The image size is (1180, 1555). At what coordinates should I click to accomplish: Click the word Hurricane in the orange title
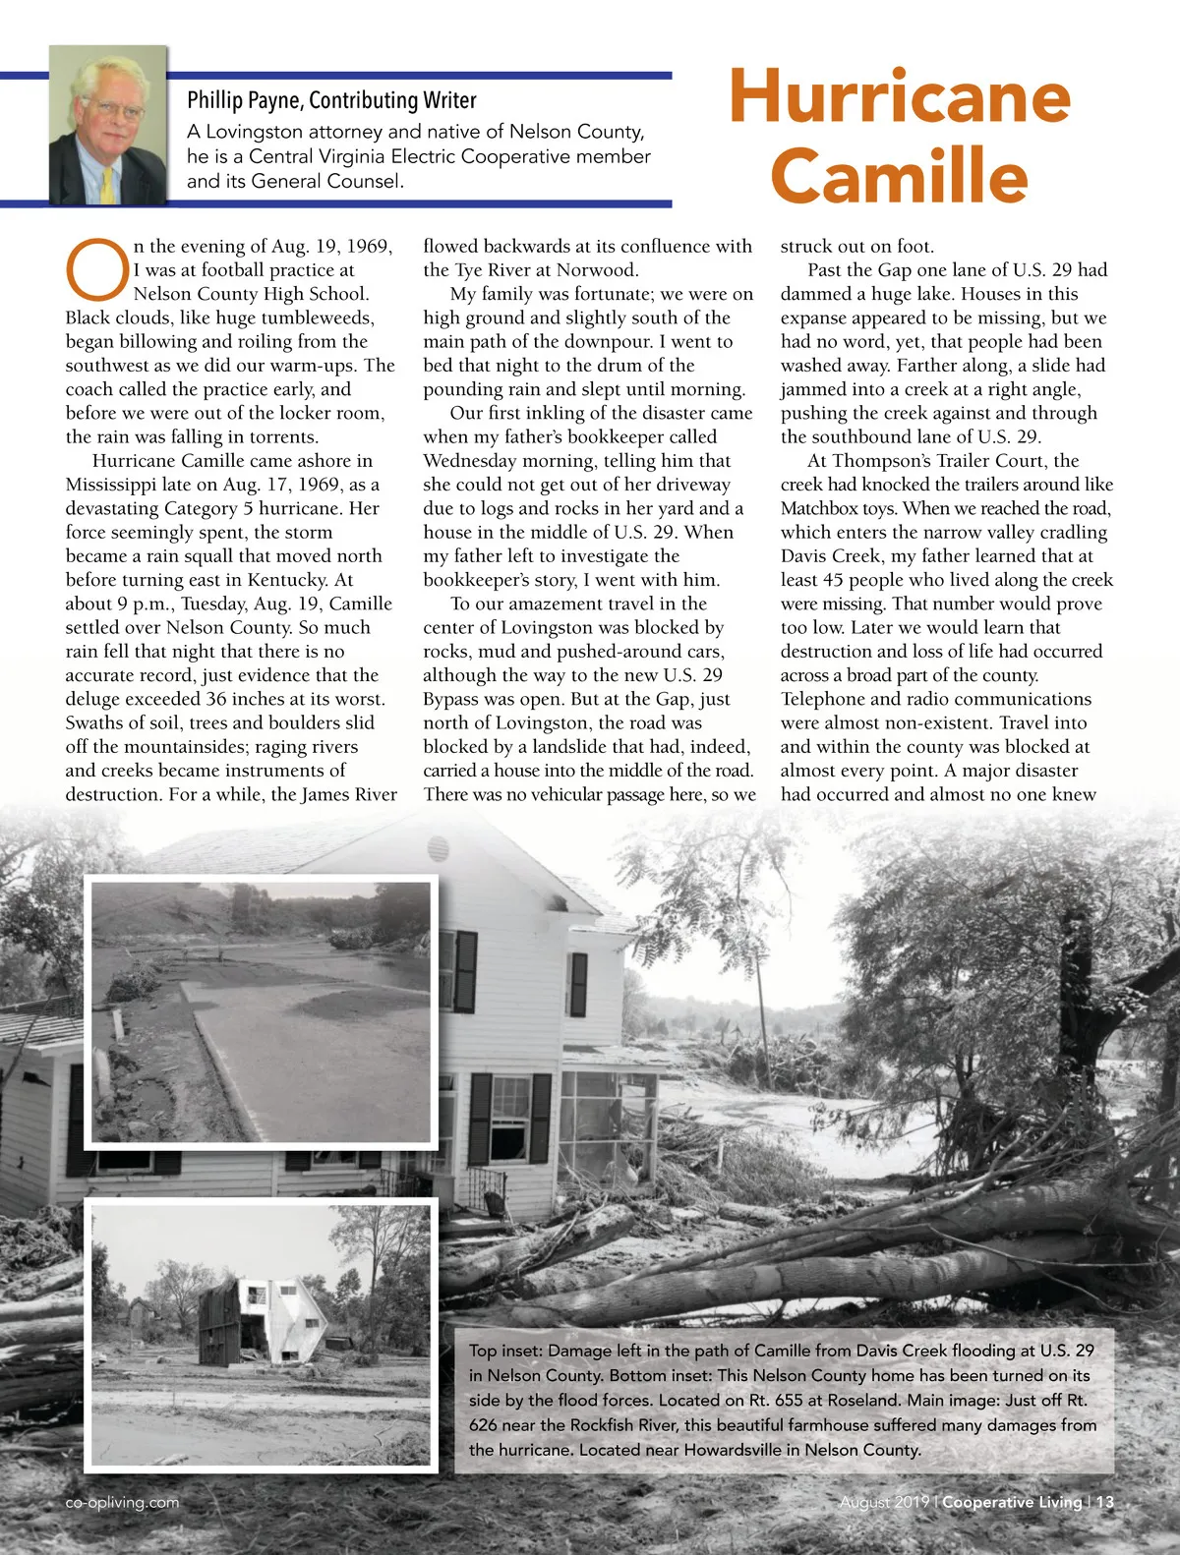click(899, 96)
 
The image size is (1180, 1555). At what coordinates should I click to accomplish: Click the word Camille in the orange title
click(899, 175)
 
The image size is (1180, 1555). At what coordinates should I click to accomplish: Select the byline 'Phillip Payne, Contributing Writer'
click(331, 100)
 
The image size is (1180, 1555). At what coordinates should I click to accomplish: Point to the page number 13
click(1104, 1502)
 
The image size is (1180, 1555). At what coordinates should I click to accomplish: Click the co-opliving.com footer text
click(122, 1502)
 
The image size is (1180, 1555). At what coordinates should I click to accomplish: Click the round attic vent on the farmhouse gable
click(440, 848)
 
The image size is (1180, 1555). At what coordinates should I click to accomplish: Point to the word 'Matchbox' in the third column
click(816, 508)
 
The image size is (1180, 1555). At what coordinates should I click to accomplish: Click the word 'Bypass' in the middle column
click(451, 699)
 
